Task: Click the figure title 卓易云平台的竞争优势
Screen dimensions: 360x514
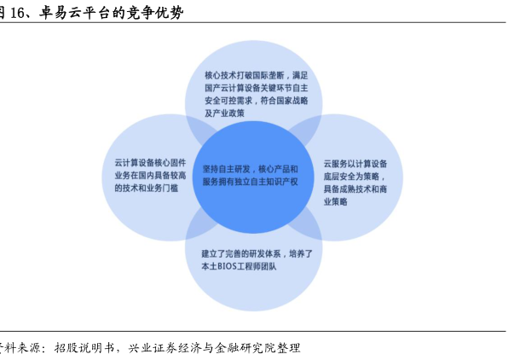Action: pyautogui.click(x=110, y=13)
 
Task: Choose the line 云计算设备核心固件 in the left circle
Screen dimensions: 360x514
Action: pyautogui.click(x=150, y=161)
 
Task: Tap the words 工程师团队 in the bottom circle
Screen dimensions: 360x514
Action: pyautogui.click(x=260, y=267)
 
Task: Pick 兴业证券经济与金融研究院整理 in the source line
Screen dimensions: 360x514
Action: pyautogui.click(x=214, y=348)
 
